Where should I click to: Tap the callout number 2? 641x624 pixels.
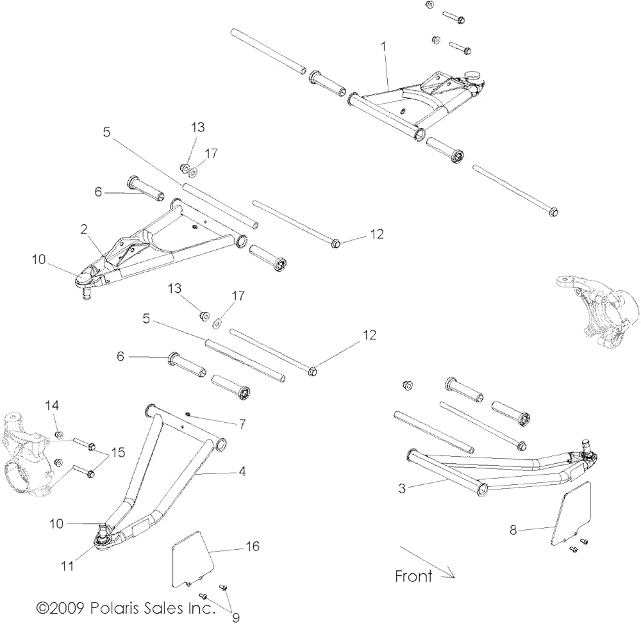click(x=84, y=229)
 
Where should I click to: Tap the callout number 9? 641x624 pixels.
click(x=236, y=618)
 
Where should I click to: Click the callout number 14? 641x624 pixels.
click(x=52, y=405)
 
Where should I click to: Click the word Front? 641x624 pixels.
click(x=413, y=576)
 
